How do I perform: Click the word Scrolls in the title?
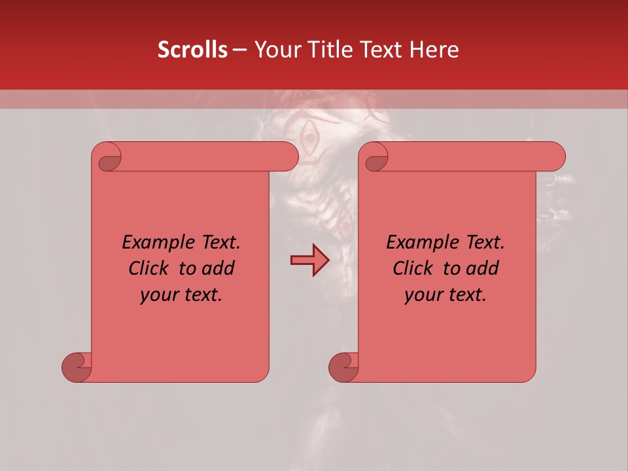pos(192,50)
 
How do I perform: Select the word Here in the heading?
pos(434,50)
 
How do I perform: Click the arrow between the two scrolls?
pos(309,260)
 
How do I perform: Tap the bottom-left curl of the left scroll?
pos(77,366)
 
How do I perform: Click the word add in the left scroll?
pos(219,268)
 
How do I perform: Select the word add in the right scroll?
pos(483,268)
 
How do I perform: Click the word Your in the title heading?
pos(275,50)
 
